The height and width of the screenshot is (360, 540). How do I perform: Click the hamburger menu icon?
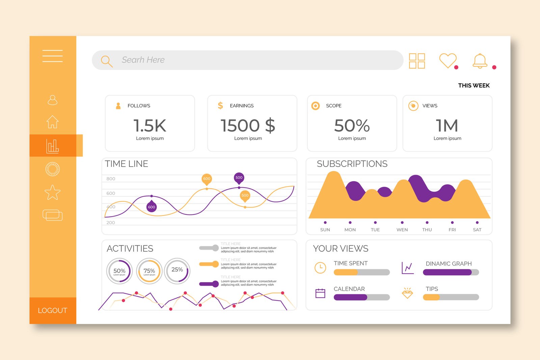(x=53, y=56)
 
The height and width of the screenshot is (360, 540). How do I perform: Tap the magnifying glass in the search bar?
(x=107, y=61)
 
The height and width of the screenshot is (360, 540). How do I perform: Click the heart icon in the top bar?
(x=448, y=61)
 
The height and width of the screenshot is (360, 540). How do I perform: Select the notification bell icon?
(x=480, y=61)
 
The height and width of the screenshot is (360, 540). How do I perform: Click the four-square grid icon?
(x=417, y=61)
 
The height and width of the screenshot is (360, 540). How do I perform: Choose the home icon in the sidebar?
(x=53, y=122)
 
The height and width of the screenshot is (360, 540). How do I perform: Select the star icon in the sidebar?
(x=53, y=193)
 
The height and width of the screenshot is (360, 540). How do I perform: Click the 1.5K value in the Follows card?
(x=150, y=126)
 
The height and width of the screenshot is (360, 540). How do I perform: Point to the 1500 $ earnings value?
(x=248, y=126)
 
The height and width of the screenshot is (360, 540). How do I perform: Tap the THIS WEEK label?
(x=474, y=86)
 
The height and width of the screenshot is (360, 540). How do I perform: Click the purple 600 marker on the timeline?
(x=152, y=207)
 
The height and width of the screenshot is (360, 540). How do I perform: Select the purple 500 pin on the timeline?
(x=239, y=178)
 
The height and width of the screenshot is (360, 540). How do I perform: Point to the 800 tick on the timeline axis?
(x=111, y=179)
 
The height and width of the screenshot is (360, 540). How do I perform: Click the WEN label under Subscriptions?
(x=402, y=230)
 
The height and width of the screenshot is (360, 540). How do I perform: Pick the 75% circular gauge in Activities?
(x=149, y=271)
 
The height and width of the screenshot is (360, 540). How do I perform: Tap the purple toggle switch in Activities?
(x=209, y=284)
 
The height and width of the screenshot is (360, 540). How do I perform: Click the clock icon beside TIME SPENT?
(x=320, y=268)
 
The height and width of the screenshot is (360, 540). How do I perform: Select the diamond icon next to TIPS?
(x=407, y=293)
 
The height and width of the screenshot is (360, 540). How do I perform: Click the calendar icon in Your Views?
(x=320, y=293)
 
